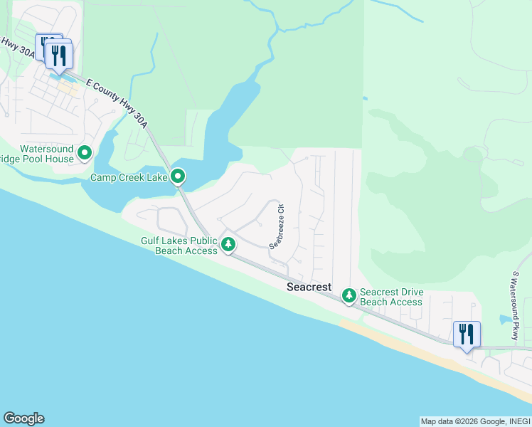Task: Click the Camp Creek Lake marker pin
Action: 178,175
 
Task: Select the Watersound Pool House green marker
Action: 85,152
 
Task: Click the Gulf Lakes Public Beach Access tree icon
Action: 228,245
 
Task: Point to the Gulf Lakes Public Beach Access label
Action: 179,246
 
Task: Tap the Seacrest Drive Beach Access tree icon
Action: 349,295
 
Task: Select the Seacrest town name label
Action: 309,288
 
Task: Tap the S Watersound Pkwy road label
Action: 516,305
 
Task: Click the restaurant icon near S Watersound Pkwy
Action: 467,334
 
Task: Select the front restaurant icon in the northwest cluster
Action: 59,56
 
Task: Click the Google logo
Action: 23,418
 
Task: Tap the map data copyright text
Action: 474,421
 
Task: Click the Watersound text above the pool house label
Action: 46,149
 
